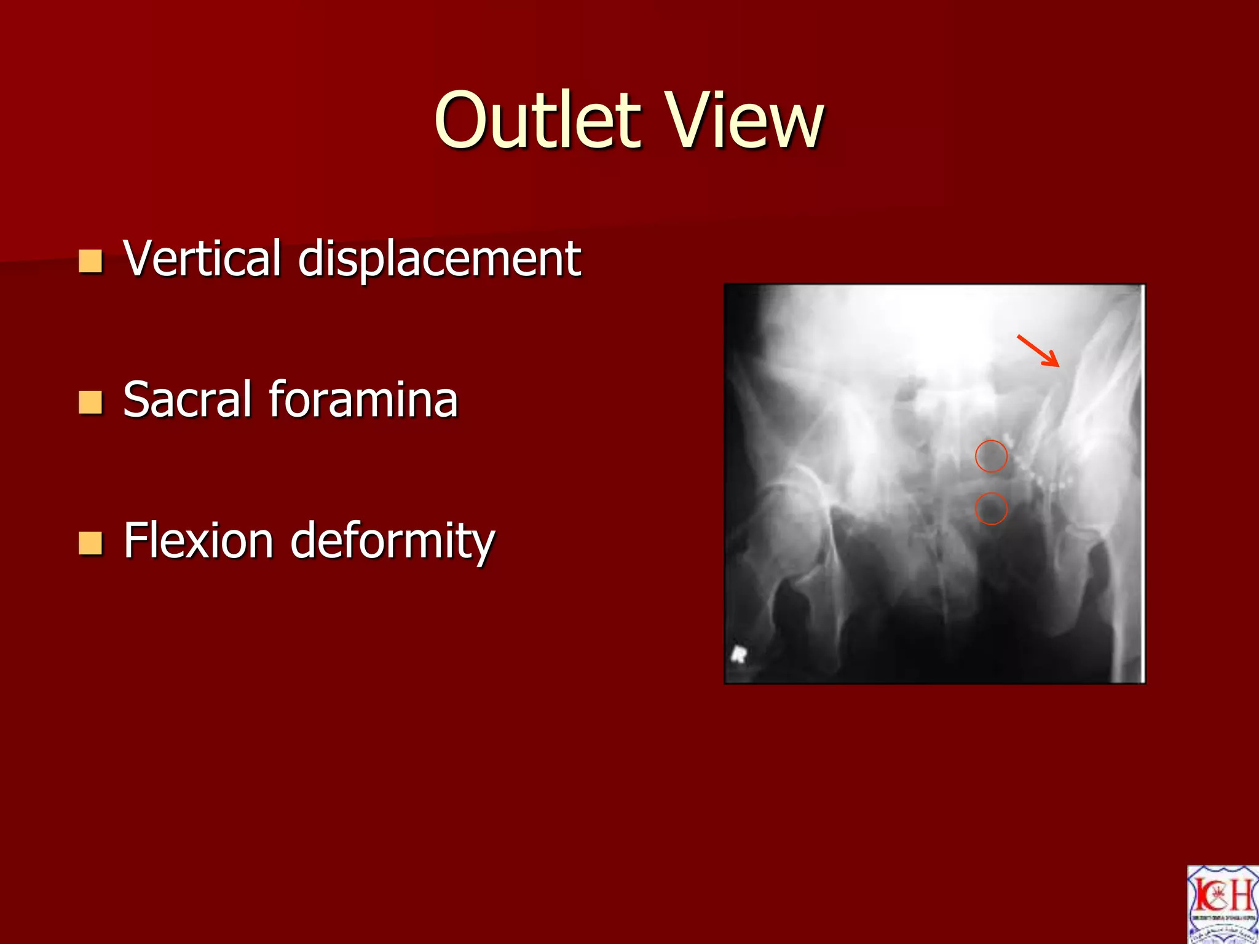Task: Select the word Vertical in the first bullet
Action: [x=202, y=259]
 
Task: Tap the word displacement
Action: [x=439, y=259]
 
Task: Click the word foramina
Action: [x=363, y=400]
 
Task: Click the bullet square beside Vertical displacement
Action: [x=90, y=261]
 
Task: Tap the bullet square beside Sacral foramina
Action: [x=90, y=403]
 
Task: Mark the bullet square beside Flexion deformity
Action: [x=90, y=543]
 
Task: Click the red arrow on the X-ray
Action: [x=1039, y=351]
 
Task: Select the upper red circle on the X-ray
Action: [x=991, y=456]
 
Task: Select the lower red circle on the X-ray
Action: [x=991, y=509]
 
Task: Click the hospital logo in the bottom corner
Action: [x=1222, y=903]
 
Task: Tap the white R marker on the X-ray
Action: [x=738, y=654]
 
